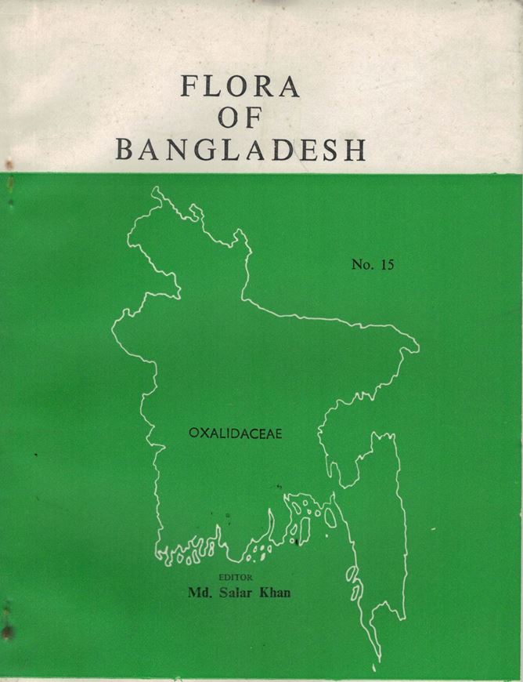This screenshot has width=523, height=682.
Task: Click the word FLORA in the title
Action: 240,86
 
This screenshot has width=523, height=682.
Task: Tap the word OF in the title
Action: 240,118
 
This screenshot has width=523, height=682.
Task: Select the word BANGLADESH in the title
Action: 240,149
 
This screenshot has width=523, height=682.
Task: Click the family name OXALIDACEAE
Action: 235,431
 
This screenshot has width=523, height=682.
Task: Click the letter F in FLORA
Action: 189,86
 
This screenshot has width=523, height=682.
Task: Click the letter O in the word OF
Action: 229,118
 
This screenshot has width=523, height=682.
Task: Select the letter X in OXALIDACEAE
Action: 202,431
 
